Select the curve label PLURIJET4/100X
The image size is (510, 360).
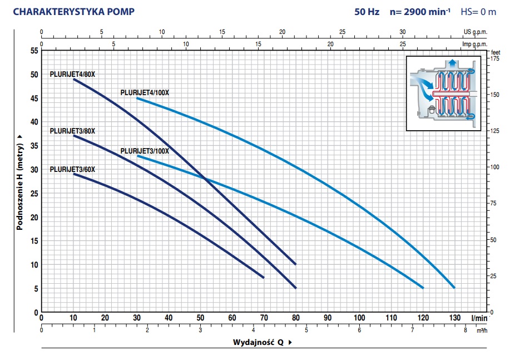pyautogui.click(x=143, y=92)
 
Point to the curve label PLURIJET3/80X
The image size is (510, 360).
pyautogui.click(x=72, y=131)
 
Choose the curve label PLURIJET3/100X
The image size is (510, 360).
pyautogui.click(x=144, y=151)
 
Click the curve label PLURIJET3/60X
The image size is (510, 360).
pyautogui.click(x=72, y=169)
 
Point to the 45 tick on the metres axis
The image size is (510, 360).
pyautogui.click(x=34, y=98)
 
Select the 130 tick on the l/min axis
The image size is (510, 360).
pyautogui.click(x=454, y=318)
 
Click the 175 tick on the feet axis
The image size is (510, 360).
pyautogui.click(x=494, y=59)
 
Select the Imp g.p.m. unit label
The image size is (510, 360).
pyautogui.click(x=474, y=43)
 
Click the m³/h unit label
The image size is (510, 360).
pyautogui.click(x=481, y=330)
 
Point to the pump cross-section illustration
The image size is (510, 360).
pyautogui.click(x=442, y=93)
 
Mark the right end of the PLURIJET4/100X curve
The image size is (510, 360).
pyautogui.click(x=454, y=287)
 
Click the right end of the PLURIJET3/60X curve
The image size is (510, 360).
pyautogui.click(x=264, y=277)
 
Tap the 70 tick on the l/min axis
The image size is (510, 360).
pyautogui.click(x=264, y=318)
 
